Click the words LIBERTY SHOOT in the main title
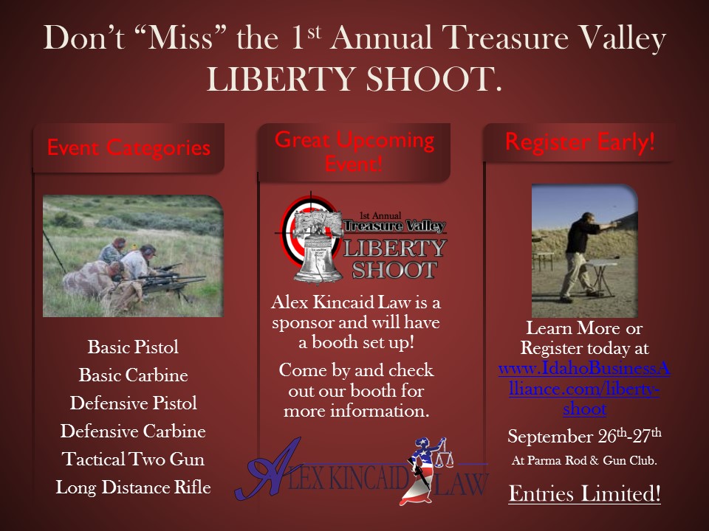click(x=354, y=80)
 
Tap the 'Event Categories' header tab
click(x=129, y=148)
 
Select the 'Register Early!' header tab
click(x=580, y=142)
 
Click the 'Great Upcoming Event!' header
click(x=354, y=152)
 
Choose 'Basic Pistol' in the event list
click(x=133, y=347)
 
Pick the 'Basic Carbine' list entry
click(x=133, y=375)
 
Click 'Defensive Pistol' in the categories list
click(x=133, y=403)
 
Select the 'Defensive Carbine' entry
click(x=133, y=431)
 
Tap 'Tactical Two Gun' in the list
click(x=133, y=459)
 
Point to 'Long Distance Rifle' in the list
click(x=133, y=487)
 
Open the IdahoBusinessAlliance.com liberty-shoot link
click(x=584, y=389)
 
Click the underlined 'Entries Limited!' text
click(x=584, y=493)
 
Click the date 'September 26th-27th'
click(x=584, y=436)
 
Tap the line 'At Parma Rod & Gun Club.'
click(x=584, y=460)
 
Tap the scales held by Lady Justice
click(x=443, y=455)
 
